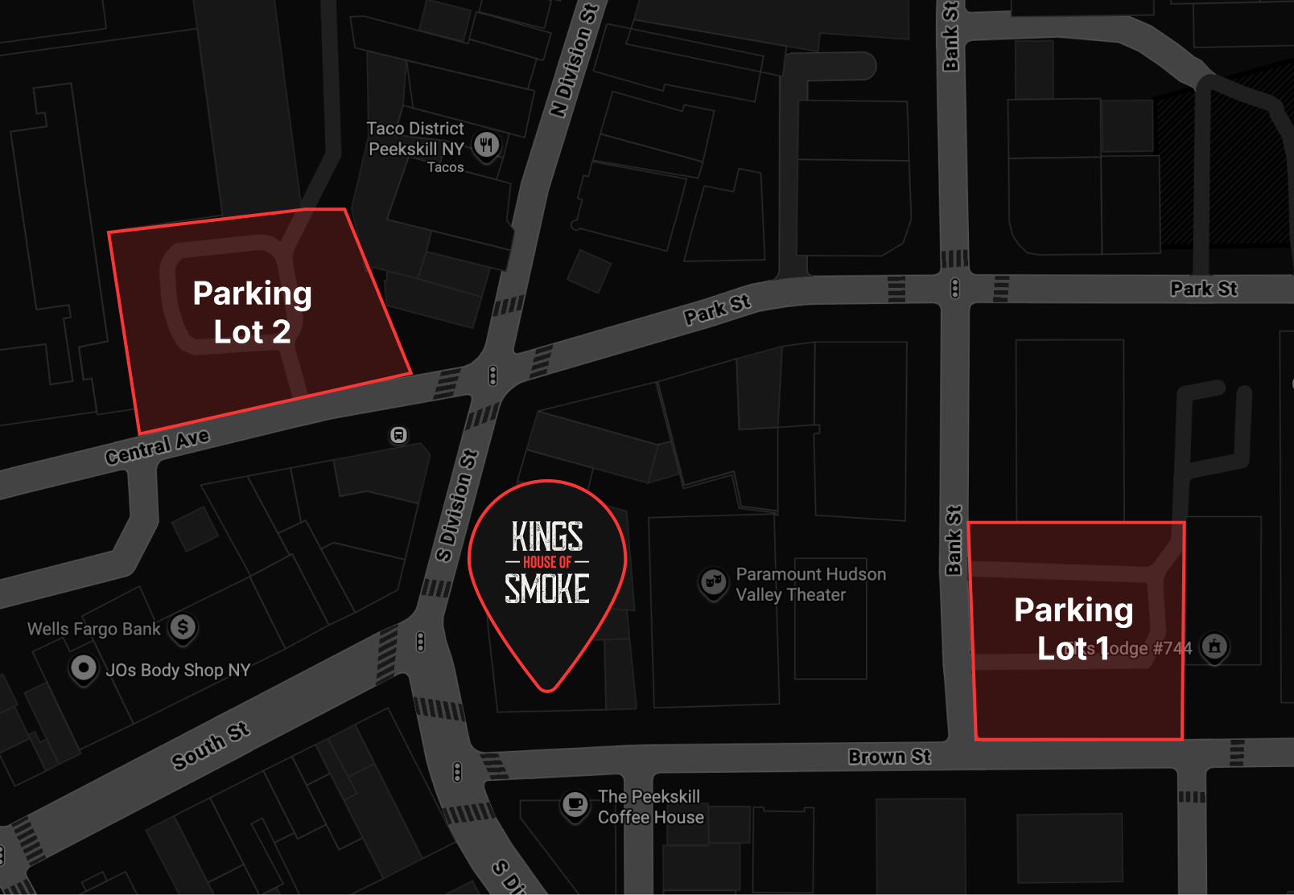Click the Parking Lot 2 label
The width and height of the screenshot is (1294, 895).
252,312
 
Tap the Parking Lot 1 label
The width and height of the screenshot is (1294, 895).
1074,629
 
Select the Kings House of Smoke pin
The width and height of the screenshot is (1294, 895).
547,571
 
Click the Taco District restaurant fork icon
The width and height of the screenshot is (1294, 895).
486,146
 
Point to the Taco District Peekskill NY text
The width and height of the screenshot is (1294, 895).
415,138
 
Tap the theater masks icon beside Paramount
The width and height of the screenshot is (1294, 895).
713,582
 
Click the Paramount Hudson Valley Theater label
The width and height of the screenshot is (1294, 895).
810,585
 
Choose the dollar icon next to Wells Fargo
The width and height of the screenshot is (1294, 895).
183,627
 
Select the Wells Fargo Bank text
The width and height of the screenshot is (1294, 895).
94,629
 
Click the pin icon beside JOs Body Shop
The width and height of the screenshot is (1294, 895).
84,668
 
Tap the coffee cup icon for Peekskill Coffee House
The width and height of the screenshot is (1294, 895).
575,804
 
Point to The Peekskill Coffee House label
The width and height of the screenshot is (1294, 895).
650,807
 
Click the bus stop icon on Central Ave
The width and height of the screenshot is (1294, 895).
398,435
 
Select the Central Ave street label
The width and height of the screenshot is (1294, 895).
157,446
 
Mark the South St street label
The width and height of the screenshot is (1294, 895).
211,745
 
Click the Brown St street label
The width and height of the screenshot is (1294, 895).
889,757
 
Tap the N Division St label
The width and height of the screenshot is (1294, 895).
575,60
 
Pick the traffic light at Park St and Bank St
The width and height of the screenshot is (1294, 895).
954,288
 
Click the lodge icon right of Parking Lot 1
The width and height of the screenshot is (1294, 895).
1214,647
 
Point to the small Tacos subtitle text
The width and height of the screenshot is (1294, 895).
445,167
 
